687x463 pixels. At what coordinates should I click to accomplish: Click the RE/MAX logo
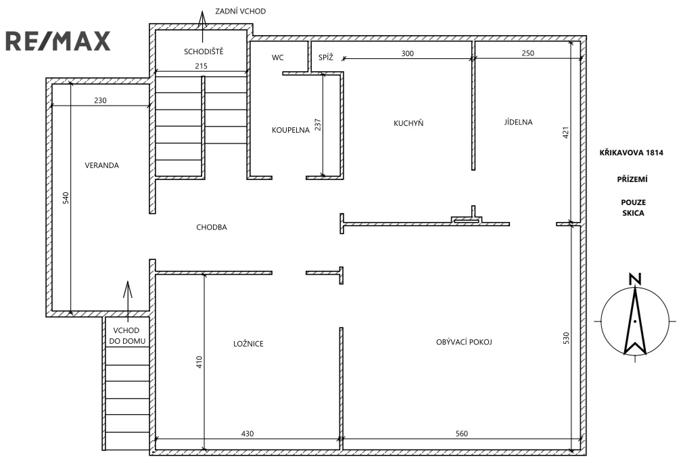click(58, 41)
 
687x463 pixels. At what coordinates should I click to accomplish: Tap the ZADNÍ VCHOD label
click(240, 11)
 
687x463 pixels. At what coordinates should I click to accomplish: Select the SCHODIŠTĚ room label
click(204, 51)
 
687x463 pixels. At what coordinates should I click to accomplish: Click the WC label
click(278, 58)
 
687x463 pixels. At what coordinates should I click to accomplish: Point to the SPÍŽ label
click(325, 57)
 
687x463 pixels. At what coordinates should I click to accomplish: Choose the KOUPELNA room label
click(291, 130)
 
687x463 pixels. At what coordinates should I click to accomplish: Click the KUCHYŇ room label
click(408, 123)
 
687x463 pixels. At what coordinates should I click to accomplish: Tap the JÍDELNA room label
click(519, 122)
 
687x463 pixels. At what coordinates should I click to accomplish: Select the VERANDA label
click(101, 165)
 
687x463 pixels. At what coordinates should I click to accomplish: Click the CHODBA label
click(212, 227)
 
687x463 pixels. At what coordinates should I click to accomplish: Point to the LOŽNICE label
click(248, 344)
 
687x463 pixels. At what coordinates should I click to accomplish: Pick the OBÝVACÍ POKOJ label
click(464, 342)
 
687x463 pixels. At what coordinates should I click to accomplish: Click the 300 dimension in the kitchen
click(408, 53)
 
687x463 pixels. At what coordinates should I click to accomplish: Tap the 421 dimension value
click(565, 133)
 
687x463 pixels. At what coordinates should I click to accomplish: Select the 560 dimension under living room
click(462, 434)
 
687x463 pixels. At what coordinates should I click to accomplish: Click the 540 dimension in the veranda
click(66, 198)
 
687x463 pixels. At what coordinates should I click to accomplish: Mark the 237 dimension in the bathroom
click(318, 125)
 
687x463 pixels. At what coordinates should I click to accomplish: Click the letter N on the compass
click(635, 280)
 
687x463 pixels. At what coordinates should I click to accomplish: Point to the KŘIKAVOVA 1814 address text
click(632, 152)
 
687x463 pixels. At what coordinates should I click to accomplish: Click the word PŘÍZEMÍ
click(632, 179)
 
